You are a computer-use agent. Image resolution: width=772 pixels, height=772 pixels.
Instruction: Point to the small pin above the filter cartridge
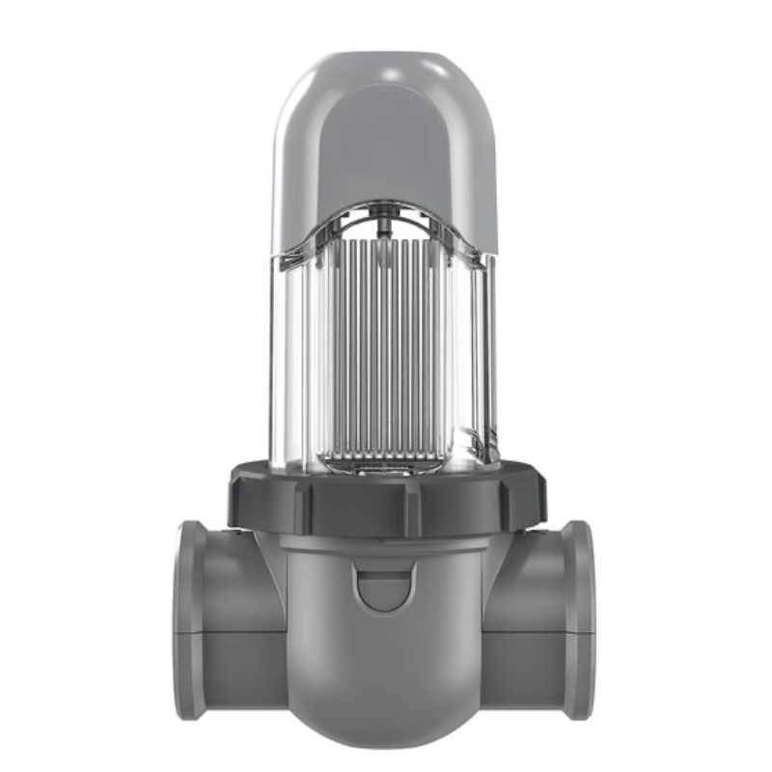tap(383, 225)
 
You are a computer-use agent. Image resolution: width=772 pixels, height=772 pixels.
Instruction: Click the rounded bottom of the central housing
tap(386, 709)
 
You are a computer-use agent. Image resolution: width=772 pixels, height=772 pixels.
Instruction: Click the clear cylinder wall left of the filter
tap(294, 357)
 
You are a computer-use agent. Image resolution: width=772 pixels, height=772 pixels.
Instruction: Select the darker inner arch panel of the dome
tap(386, 154)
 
